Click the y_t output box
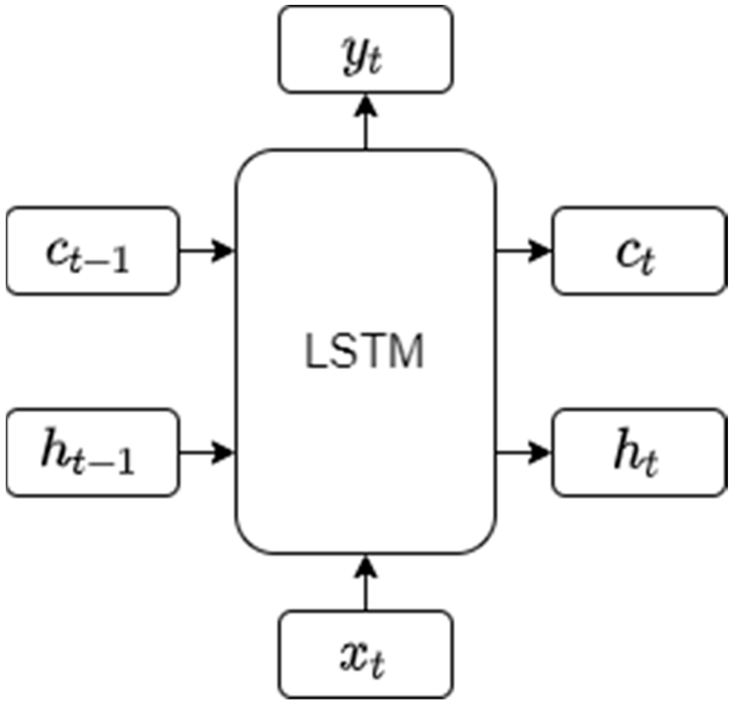pos(365,50)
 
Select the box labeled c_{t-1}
pos(93,251)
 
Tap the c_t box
pos(638,251)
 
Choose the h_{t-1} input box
pos(93,453)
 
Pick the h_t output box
pos(638,453)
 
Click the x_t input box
pos(365,654)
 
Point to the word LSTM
pos(365,352)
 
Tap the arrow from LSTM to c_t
pos(523,251)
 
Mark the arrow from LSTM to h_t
pos(523,453)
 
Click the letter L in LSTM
pos(315,352)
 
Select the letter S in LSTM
pos(342,352)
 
